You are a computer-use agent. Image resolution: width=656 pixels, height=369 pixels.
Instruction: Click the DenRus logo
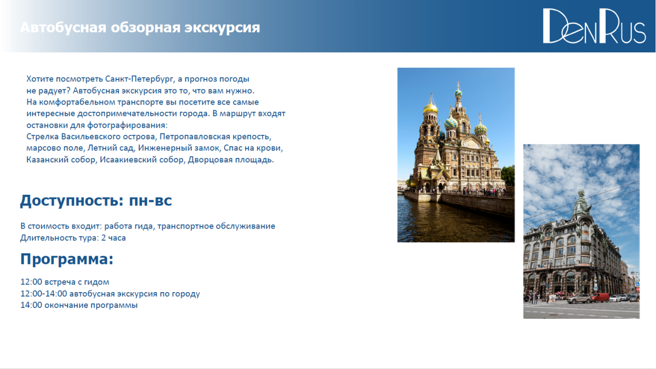pos(594,26)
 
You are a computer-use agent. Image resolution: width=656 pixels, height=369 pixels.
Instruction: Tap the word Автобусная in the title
pos(63,28)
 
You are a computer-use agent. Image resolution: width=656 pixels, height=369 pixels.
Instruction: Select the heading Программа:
pos(67,259)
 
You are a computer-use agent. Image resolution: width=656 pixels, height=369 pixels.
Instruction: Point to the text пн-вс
pos(150,200)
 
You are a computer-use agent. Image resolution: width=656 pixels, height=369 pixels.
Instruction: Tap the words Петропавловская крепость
pos(215,137)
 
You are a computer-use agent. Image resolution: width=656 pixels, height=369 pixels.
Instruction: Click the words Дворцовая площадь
pos(231,159)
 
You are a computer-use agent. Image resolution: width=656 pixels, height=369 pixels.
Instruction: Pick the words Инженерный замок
pos(179,148)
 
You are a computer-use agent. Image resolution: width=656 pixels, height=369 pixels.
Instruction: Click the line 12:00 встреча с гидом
pos(65,282)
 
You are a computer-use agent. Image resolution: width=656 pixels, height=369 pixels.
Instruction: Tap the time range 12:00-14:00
pos(44,294)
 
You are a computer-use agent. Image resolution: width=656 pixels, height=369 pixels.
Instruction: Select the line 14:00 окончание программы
pos(79,305)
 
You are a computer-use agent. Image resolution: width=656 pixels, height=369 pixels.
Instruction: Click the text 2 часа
pos(113,238)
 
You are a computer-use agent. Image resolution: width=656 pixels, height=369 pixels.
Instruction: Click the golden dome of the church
pos(430,107)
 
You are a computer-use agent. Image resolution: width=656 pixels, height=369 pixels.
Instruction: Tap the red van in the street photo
pos(600,298)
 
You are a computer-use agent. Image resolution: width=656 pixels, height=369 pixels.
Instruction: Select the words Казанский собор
pos(61,159)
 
